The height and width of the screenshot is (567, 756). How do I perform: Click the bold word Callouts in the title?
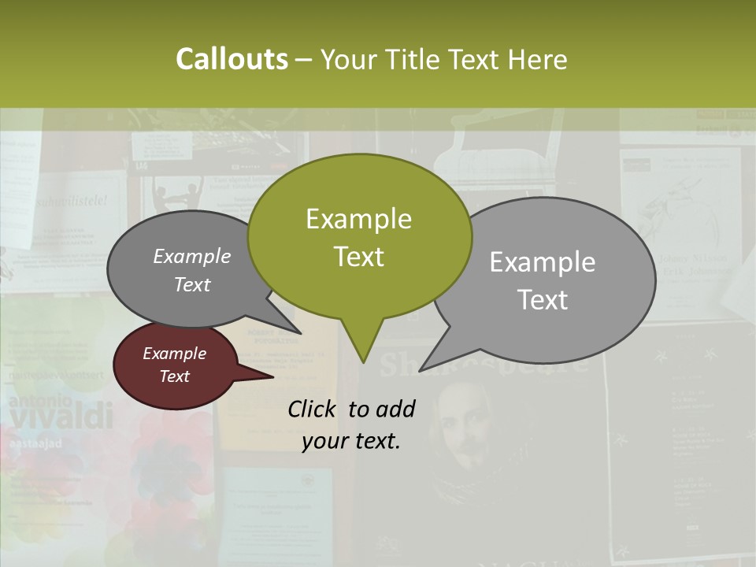click(x=232, y=59)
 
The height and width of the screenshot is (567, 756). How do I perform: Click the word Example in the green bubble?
click(x=358, y=218)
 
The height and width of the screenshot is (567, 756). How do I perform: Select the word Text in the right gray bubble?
click(x=543, y=299)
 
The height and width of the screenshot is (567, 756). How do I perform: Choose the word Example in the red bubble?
click(x=174, y=354)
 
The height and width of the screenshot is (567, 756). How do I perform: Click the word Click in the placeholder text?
click(x=313, y=408)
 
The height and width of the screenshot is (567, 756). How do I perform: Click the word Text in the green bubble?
click(x=358, y=256)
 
